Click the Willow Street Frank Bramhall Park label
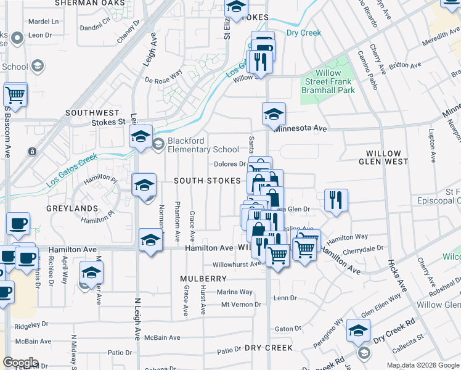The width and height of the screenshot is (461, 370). pyautogui.click(x=331, y=81)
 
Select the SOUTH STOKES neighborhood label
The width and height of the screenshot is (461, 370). pyautogui.click(x=206, y=181)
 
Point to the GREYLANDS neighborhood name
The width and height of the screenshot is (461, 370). pyautogui.click(x=72, y=208)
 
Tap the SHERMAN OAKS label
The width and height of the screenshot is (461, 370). pyautogui.click(x=93, y=3)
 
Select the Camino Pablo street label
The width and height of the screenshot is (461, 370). pyautogui.click(x=367, y=70)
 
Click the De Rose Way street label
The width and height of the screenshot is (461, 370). pyautogui.click(x=164, y=80)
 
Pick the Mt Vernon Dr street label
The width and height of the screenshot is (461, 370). pyautogui.click(x=237, y=305)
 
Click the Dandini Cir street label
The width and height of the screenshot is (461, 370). pyautogui.click(x=96, y=28)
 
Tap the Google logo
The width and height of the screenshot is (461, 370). pyautogui.click(x=20, y=363)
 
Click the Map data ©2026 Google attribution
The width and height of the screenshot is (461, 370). pyautogui.click(x=423, y=365)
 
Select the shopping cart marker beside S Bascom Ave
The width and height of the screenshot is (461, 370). pyautogui.click(x=15, y=95)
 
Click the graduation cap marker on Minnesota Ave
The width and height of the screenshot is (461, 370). pyautogui.click(x=274, y=114)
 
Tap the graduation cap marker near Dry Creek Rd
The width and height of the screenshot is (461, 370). pyautogui.click(x=358, y=331)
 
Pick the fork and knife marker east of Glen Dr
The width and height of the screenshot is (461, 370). pyautogui.click(x=336, y=200)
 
